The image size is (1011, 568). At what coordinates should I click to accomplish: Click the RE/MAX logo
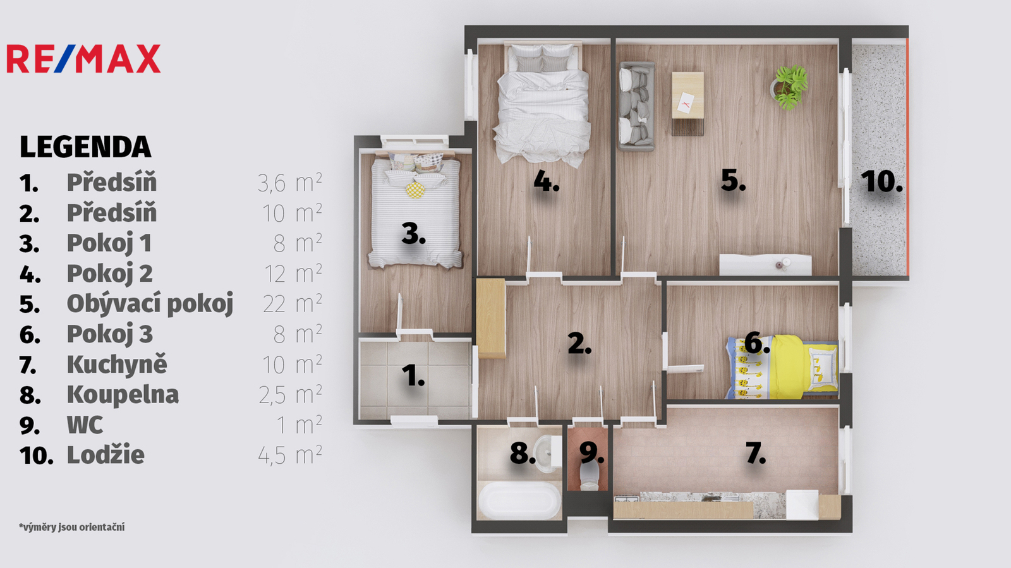83,59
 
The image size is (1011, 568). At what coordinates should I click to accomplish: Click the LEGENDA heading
85,147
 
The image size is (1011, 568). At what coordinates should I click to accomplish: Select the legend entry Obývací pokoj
150,304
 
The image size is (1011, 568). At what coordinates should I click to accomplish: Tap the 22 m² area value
293,304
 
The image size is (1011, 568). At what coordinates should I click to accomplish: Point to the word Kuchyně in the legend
117,364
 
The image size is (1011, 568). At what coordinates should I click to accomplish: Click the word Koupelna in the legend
123,395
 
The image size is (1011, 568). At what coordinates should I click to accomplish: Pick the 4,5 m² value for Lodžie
290,455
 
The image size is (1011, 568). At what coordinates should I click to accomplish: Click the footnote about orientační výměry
72,527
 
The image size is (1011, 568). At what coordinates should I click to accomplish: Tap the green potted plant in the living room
790,88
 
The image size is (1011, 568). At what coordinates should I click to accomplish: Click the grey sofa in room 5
636,107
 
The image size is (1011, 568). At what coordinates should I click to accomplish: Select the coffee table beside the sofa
687,103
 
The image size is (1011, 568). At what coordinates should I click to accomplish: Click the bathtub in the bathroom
519,500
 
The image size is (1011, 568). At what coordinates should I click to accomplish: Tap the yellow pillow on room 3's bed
415,190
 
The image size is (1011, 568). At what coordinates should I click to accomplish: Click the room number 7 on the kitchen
756,453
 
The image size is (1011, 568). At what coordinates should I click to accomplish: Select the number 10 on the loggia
881,181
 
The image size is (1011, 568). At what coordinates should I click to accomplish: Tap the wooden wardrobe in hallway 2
491,318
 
